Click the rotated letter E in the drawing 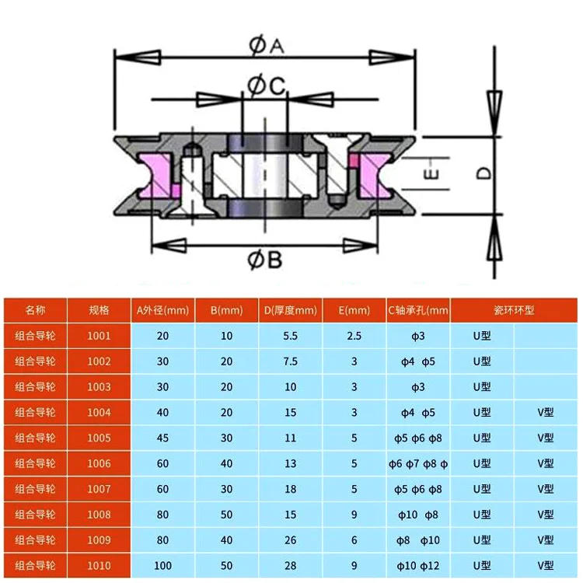click(x=433, y=173)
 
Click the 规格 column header click(x=99, y=310)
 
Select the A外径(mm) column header click(x=163, y=310)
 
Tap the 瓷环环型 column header click(x=514, y=310)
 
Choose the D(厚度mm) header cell click(x=291, y=310)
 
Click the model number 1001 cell click(x=99, y=336)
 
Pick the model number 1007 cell click(x=99, y=490)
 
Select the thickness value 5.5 click(x=291, y=336)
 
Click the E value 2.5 click(x=354, y=336)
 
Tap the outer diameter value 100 click(x=163, y=566)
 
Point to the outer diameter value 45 click(x=163, y=438)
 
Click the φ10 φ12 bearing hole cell click(x=418, y=566)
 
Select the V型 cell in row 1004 click(x=545, y=413)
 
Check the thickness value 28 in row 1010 click(x=291, y=566)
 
